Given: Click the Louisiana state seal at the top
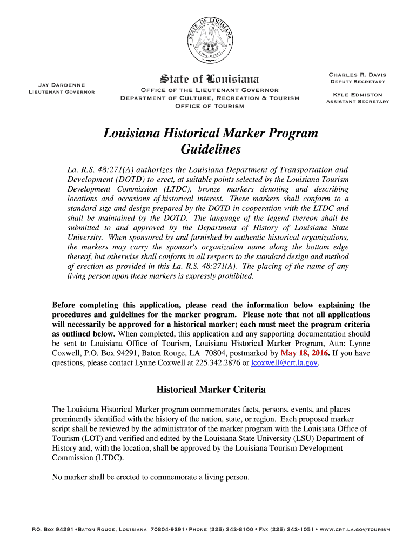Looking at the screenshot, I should coord(210,36).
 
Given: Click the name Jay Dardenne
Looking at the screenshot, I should coord(61,84).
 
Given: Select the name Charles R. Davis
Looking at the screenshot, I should coord(357,75).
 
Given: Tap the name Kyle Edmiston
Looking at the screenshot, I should coord(357,95).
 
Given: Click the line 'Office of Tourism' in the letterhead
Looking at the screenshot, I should coord(210,105).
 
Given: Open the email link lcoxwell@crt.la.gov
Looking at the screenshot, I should coord(284,363).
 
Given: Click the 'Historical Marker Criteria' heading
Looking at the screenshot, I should coord(211,390).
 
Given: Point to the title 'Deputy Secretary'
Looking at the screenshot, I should coord(357,82).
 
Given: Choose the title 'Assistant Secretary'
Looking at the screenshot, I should coord(357,102).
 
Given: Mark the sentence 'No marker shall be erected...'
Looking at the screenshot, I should coord(151,477).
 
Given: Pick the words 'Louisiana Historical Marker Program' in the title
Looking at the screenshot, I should coord(211,133).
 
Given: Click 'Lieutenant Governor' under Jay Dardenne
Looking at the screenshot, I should coord(61,91).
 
